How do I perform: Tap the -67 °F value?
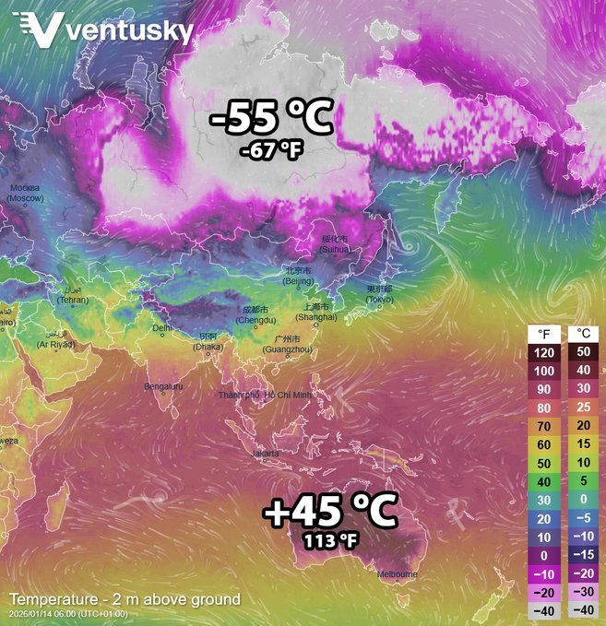pos(270,150)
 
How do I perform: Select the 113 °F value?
pos(329,539)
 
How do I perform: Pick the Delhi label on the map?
pos(161,327)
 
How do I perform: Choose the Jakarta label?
pos(265,455)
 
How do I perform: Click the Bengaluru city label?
pos(164,386)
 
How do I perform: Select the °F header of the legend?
pos(544,333)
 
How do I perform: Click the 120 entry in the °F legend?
pos(544,352)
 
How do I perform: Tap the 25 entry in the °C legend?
pos(582,407)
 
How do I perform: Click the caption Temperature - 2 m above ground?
pos(125,599)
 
